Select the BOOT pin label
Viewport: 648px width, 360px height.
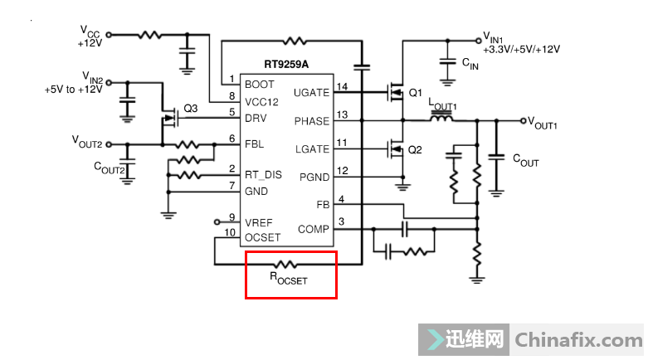point(259,85)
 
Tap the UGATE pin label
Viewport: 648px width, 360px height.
point(311,92)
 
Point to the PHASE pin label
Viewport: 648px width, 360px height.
point(311,121)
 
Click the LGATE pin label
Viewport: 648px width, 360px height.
point(311,148)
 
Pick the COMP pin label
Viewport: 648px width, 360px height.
point(314,229)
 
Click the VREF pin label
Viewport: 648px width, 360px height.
point(259,222)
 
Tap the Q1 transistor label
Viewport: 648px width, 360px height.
point(416,92)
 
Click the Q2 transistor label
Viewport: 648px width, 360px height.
point(416,149)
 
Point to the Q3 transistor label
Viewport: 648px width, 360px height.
point(191,109)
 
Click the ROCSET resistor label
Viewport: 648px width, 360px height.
point(288,279)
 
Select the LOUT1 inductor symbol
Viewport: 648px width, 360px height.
point(441,120)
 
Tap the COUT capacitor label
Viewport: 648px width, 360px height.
point(526,160)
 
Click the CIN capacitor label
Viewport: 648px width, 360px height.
point(470,63)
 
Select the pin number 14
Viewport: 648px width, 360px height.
point(341,86)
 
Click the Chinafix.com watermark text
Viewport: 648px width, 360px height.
point(577,340)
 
